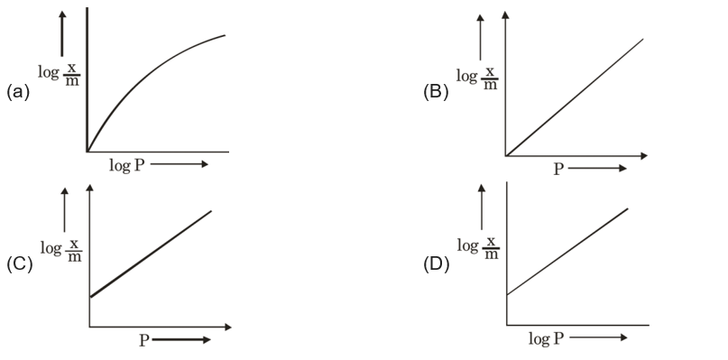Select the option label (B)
point(436,92)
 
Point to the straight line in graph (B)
point(577,95)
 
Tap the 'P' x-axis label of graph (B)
point(558,170)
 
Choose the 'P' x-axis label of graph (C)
point(143,340)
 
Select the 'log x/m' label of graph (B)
point(478,77)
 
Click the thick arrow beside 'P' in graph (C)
point(183,340)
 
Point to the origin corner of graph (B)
point(507,155)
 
